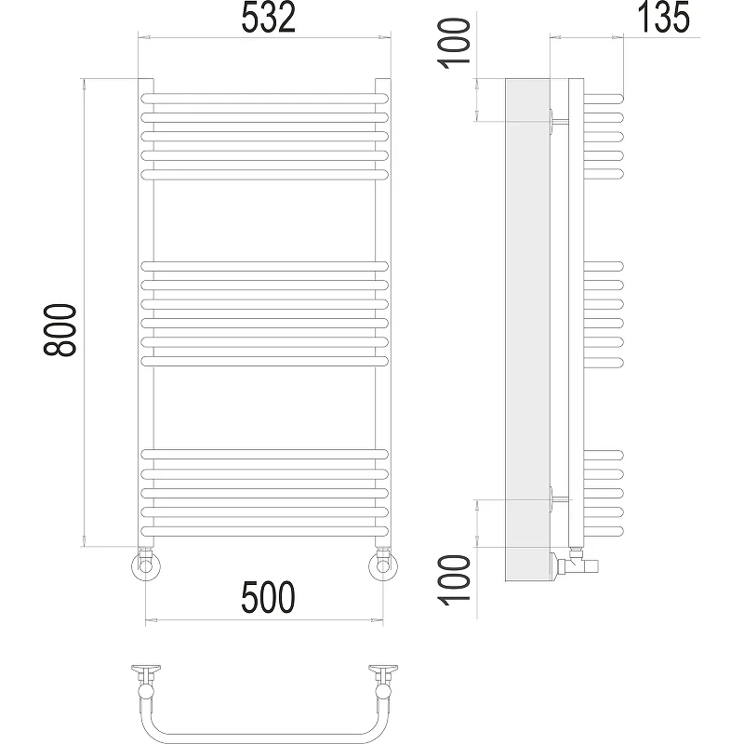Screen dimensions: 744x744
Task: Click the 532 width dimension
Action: coord(268,17)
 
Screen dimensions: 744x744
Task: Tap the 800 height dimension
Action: coord(60,330)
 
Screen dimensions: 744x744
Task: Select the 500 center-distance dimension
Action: coord(268,597)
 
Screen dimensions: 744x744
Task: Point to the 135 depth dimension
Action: coord(663,17)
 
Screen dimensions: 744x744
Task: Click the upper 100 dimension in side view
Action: coord(454,43)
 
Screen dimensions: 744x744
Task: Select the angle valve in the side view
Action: coord(574,563)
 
